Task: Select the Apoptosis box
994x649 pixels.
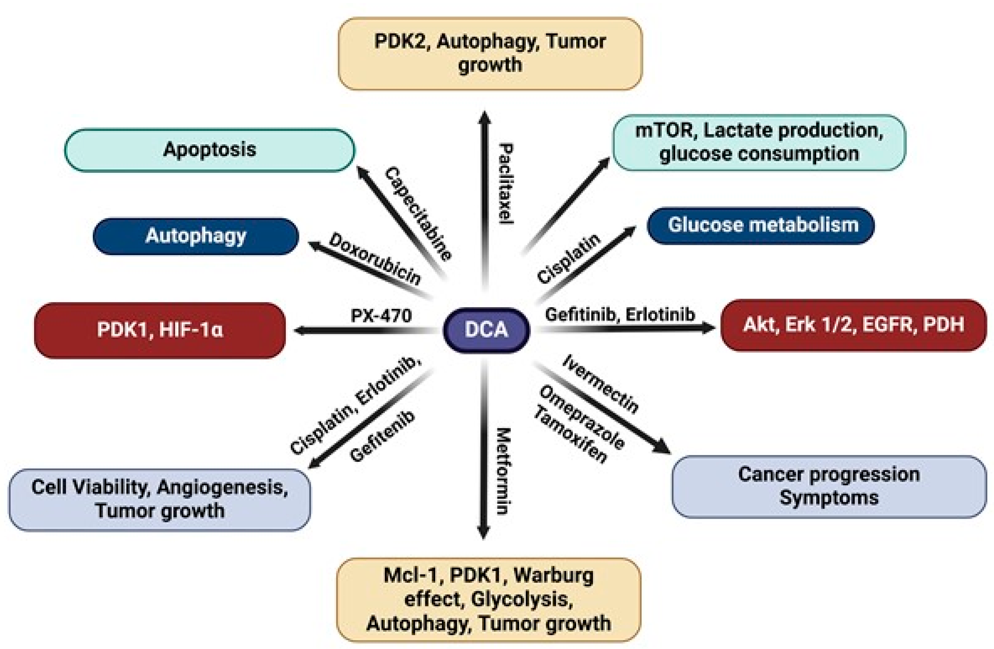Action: [x=210, y=150]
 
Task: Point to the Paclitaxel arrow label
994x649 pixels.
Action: [x=506, y=184]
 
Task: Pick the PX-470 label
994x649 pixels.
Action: [x=381, y=316]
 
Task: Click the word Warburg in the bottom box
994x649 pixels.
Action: [x=553, y=576]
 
